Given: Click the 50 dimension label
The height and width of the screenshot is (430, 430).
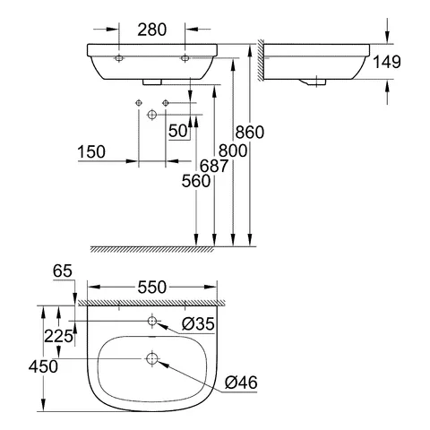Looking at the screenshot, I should tap(177, 130).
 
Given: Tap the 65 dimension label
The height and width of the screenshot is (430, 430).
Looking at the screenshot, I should tap(61, 269).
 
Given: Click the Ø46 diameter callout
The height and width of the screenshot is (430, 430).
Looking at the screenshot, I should tap(241, 382).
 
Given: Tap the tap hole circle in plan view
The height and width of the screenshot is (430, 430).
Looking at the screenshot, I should tap(152, 321).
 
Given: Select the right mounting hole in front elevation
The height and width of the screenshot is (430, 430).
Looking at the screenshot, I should tap(185, 56).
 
